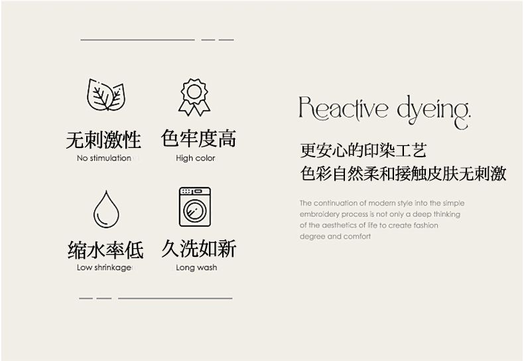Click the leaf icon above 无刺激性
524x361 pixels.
tap(106, 95)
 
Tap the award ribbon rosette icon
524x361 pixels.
tap(194, 98)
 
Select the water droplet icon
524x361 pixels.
tap(106, 210)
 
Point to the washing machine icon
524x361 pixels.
tap(195, 207)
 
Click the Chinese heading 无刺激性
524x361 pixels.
tap(103, 140)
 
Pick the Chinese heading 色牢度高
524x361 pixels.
tap(198, 139)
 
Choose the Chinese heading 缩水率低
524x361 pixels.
tap(105, 250)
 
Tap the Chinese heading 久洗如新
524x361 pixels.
tap(198, 248)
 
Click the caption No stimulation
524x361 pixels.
tap(104, 158)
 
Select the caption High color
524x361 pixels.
tap(196, 158)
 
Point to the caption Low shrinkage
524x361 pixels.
tap(104, 267)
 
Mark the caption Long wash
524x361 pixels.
tap(196, 267)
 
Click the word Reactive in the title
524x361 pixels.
tap(343, 108)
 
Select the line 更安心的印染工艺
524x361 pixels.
tap(363, 151)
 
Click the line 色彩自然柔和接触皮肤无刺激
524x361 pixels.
tap(403, 173)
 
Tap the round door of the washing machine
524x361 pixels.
tap(194, 210)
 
